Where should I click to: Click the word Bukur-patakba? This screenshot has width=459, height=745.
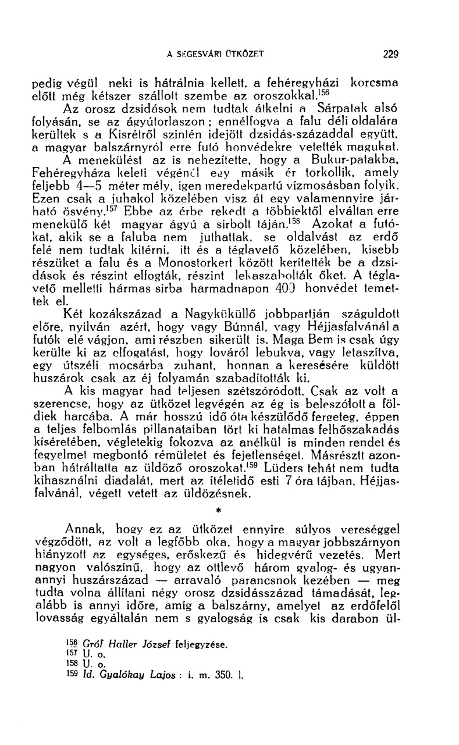(367, 159)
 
